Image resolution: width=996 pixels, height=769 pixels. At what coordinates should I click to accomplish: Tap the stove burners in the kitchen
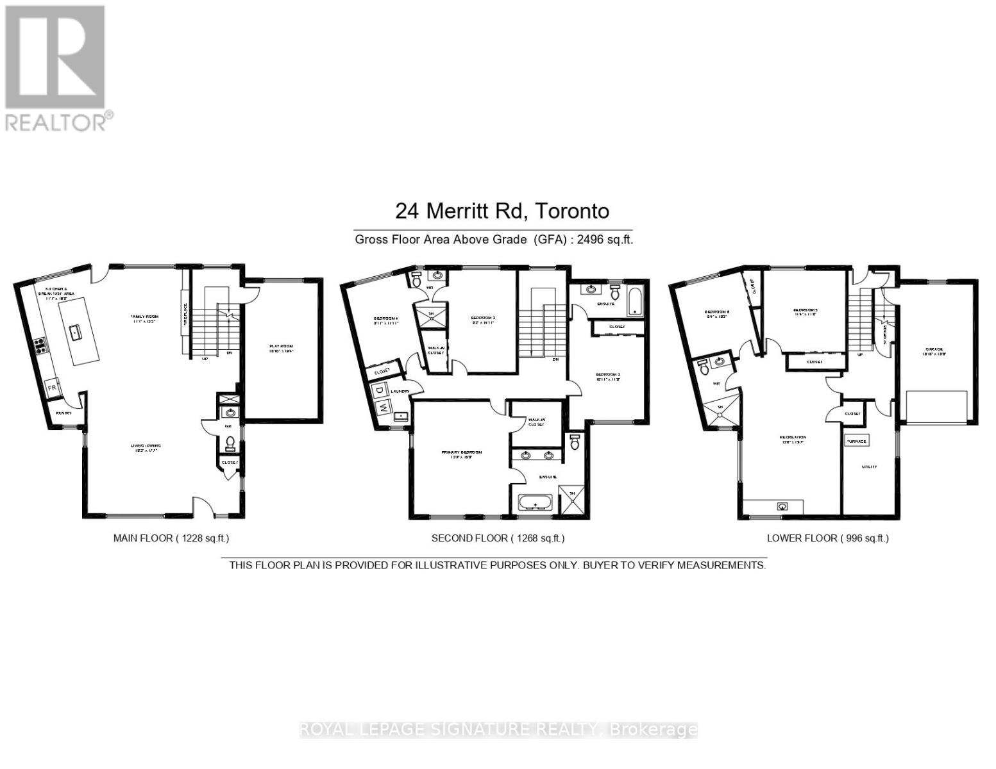[40, 345]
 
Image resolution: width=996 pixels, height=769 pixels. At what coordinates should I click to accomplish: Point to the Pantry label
[63, 413]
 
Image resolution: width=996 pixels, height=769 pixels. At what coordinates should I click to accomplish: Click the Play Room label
[281, 347]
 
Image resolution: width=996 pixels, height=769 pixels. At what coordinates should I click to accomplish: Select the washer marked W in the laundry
[384, 406]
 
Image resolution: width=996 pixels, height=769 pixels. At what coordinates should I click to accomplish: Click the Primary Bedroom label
[461, 452]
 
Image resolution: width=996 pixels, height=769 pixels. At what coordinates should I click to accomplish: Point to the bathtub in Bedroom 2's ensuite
[634, 302]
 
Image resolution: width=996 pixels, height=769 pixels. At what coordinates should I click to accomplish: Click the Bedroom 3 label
[483, 318]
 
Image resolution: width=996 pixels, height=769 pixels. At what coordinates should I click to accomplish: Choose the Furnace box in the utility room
[857, 441]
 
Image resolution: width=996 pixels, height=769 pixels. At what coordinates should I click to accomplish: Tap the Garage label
[933, 350]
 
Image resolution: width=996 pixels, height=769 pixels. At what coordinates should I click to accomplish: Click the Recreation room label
[793, 438]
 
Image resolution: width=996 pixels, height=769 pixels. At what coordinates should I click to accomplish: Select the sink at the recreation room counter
[782, 506]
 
